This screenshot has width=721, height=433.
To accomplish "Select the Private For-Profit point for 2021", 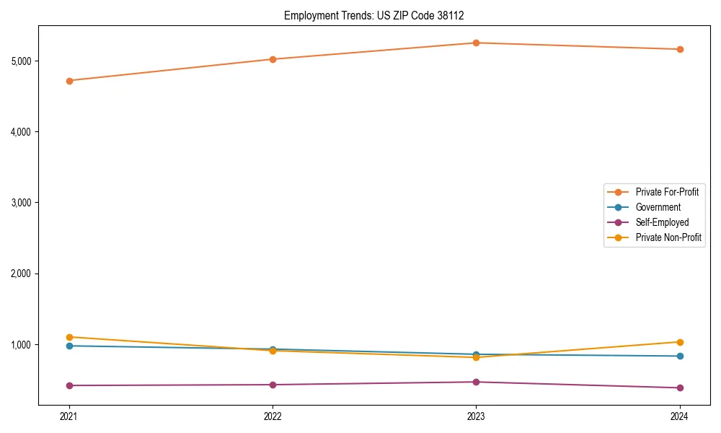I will (x=69, y=81).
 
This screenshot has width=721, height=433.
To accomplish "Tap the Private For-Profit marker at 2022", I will (x=273, y=59).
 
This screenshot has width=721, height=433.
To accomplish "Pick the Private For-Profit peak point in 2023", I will (x=476, y=43).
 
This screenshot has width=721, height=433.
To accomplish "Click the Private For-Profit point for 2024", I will (x=679, y=49).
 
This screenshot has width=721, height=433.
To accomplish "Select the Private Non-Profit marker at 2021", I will (x=69, y=337).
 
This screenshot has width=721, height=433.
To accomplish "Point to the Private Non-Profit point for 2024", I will (x=679, y=342).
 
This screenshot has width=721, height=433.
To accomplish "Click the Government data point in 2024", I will (x=679, y=356).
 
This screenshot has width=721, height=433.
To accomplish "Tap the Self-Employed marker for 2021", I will (x=69, y=385).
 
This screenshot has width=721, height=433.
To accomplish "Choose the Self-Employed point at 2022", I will (x=273, y=385).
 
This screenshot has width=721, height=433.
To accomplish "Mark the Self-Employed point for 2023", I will (x=476, y=382).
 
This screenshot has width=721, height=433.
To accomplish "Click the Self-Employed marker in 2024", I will (x=679, y=388).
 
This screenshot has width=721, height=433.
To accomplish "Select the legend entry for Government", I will (x=658, y=207).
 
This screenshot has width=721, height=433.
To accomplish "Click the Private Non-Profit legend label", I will (x=668, y=237).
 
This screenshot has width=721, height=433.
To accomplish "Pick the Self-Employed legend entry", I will (x=662, y=222).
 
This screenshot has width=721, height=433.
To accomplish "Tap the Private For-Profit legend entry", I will (x=666, y=192).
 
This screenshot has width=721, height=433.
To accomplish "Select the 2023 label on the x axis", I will (x=476, y=416).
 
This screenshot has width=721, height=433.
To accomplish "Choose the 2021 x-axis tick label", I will (x=69, y=416).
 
